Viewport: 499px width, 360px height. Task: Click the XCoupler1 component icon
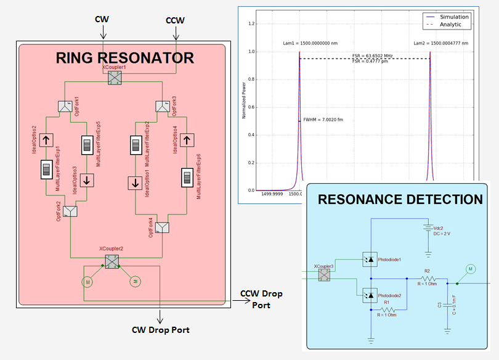point(115,78)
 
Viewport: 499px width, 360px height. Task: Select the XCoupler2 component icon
point(112,261)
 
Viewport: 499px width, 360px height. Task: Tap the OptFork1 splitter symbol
point(65,107)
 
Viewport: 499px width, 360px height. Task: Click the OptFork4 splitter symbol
point(162,227)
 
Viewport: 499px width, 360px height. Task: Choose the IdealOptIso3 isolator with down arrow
point(87,180)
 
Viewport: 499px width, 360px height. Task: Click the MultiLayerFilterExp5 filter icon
point(87,146)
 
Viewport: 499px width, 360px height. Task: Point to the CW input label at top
point(102,20)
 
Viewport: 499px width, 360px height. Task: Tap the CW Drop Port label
point(161,330)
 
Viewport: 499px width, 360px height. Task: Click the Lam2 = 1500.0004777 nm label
point(441,43)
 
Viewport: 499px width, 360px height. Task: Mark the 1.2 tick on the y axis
point(251,23)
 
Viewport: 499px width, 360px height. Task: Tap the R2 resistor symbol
point(426,278)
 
